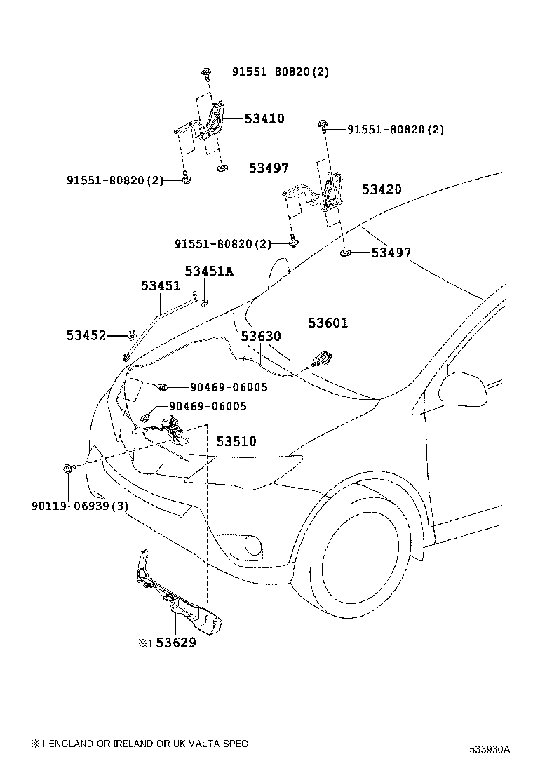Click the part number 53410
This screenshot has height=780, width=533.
click(x=264, y=119)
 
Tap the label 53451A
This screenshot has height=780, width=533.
click(x=208, y=271)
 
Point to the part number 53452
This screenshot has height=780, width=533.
click(x=86, y=336)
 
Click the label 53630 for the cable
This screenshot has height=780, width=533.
click(x=261, y=337)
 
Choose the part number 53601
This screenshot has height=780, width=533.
click(x=328, y=323)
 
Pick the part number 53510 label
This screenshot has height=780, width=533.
click(x=236, y=441)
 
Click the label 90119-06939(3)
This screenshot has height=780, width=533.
click(x=79, y=505)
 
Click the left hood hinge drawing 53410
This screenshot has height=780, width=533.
click(x=210, y=123)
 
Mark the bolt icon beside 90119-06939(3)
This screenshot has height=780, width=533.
click(x=67, y=469)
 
